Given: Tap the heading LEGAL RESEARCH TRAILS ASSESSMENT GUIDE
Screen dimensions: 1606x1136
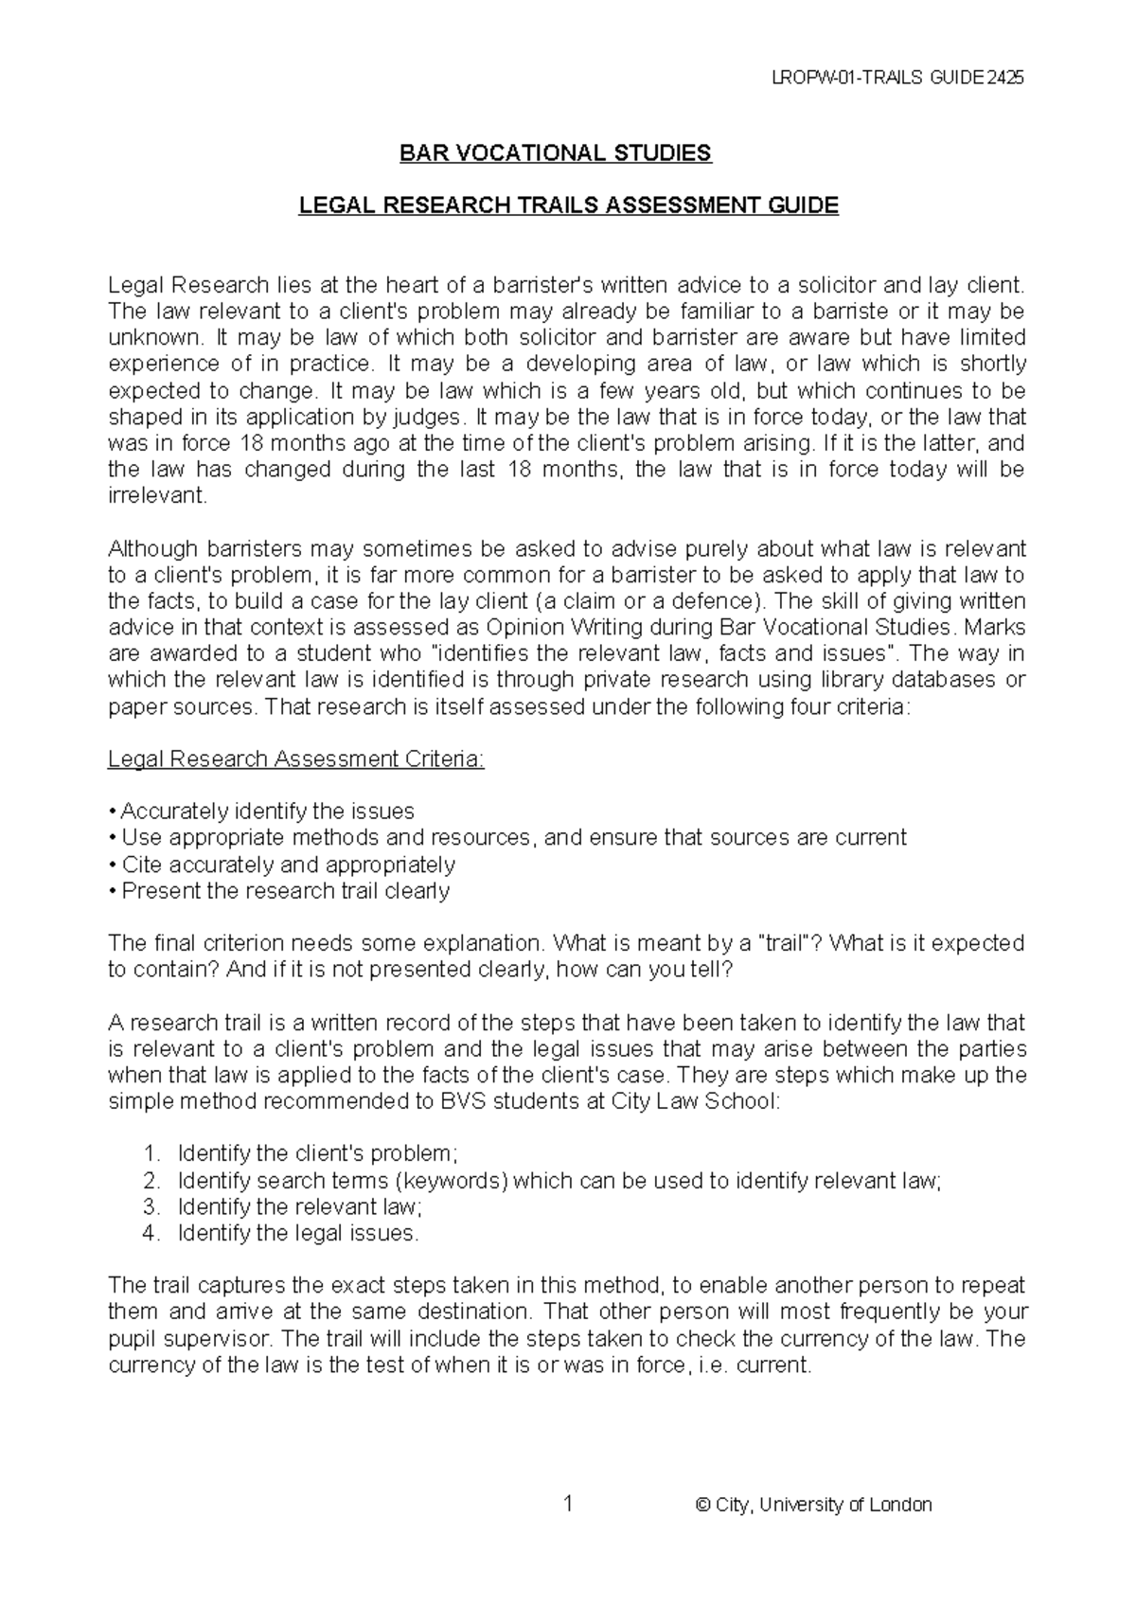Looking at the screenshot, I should click(x=568, y=205).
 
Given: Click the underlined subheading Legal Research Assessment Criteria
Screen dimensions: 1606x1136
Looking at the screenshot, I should click(x=296, y=758).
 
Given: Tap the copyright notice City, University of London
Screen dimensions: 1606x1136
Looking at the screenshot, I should click(x=813, y=1505).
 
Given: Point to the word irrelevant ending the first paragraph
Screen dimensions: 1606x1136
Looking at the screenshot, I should click(x=155, y=496).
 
